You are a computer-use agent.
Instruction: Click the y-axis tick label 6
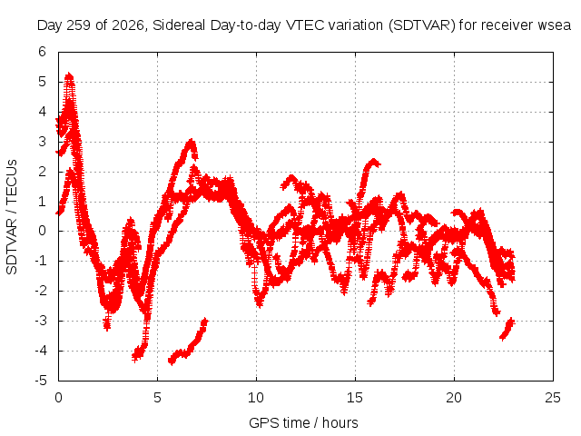(x=42, y=52)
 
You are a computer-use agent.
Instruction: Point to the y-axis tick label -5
(x=41, y=381)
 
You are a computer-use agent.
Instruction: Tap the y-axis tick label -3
(x=41, y=321)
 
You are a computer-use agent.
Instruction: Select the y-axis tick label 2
(x=42, y=172)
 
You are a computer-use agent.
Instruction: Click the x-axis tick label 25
(x=553, y=398)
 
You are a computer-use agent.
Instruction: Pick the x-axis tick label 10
(x=256, y=398)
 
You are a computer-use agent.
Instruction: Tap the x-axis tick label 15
(x=355, y=398)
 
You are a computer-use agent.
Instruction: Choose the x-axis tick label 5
(x=157, y=398)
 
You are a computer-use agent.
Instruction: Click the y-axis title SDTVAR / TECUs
(x=12, y=217)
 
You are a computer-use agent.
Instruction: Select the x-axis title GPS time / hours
(x=303, y=422)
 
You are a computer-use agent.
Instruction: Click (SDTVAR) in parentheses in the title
(x=422, y=25)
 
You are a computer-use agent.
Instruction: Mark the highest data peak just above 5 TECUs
(x=69, y=76)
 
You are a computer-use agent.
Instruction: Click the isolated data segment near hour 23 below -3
(x=507, y=329)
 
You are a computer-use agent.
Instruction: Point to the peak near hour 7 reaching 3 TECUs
(x=191, y=142)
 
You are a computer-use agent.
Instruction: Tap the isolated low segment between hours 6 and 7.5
(x=188, y=342)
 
